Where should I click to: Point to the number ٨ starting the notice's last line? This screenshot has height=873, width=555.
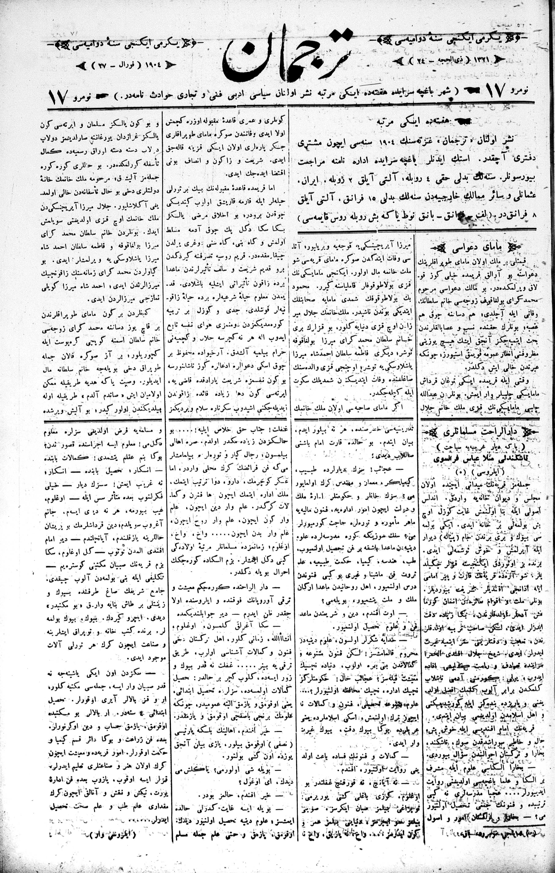(533, 215)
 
